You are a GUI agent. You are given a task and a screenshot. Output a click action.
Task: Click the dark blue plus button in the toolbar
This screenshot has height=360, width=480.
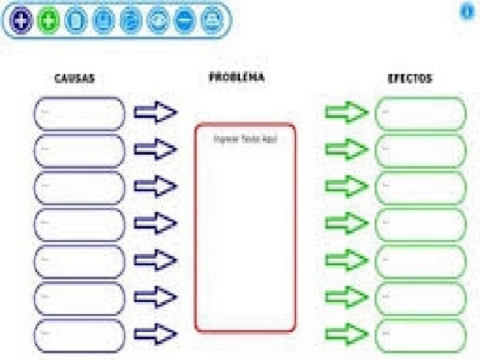22,21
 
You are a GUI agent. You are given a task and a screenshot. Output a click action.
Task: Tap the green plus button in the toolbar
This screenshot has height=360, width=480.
49,21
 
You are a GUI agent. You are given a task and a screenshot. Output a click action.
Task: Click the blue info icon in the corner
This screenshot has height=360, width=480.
467,13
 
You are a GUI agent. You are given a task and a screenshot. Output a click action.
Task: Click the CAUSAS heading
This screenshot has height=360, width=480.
75,79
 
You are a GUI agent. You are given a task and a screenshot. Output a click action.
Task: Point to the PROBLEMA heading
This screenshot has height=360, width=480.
237,77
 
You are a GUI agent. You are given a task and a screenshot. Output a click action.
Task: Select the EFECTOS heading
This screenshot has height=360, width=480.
410,79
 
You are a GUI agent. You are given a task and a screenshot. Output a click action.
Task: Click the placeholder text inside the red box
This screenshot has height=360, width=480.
245,139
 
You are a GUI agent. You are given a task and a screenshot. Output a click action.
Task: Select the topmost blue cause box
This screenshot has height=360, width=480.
79,113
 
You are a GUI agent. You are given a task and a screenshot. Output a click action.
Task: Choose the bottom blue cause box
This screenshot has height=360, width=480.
79,335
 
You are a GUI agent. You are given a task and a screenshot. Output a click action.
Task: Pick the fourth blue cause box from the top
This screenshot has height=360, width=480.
79,225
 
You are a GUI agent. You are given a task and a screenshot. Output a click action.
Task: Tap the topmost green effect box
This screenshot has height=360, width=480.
421,113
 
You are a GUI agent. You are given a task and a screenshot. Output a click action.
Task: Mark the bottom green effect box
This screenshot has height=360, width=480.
421,335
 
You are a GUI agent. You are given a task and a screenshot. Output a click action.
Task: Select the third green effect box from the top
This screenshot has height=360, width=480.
421,187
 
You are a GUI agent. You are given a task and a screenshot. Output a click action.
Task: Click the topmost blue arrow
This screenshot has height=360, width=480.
155,113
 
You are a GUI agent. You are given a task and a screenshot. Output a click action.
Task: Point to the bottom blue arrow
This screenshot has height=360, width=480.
155,333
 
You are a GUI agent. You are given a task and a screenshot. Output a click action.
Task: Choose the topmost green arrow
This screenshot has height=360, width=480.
346,113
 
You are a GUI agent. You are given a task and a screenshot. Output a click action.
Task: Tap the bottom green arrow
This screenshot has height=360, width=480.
346,333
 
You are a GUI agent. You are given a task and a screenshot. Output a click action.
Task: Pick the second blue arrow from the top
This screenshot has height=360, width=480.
155,149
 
